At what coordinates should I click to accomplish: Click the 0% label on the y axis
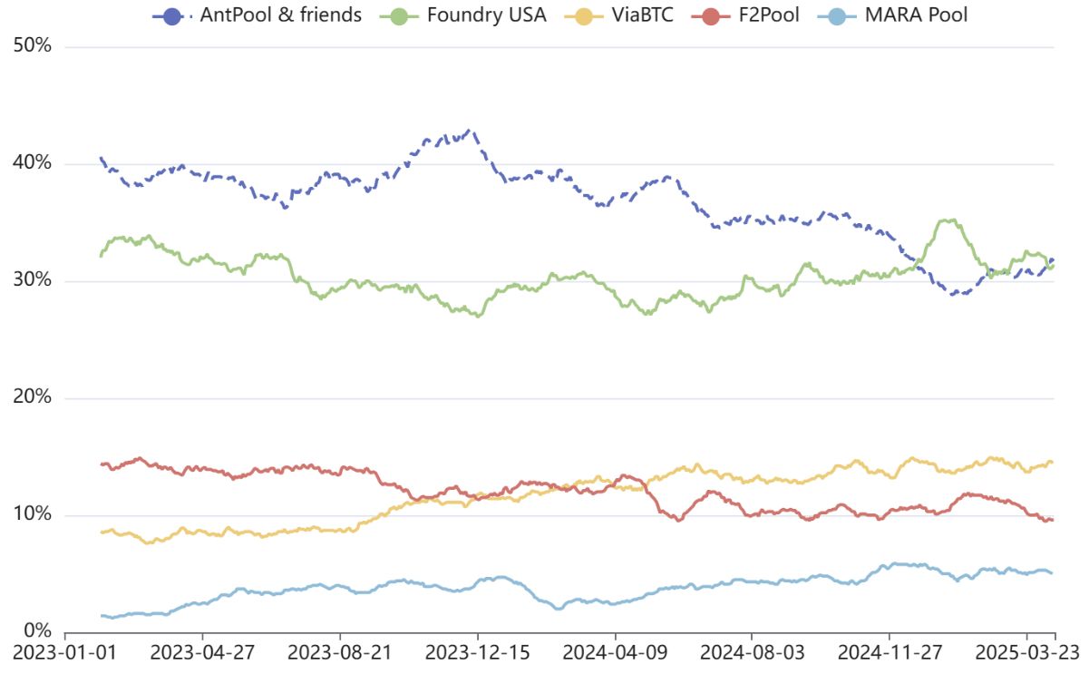pyautogui.click(x=38, y=630)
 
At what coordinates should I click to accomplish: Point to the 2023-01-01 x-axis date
pyautogui.click(x=65, y=652)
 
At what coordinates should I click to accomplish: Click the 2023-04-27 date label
pyautogui.click(x=202, y=652)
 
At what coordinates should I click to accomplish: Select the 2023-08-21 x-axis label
pyautogui.click(x=340, y=652)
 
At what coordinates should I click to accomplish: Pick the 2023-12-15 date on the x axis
pyautogui.click(x=478, y=652)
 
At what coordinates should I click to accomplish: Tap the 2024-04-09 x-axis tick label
pyautogui.click(x=615, y=652)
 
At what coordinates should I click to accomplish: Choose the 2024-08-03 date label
pyautogui.click(x=753, y=652)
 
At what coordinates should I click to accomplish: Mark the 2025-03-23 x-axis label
pyautogui.click(x=1026, y=652)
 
